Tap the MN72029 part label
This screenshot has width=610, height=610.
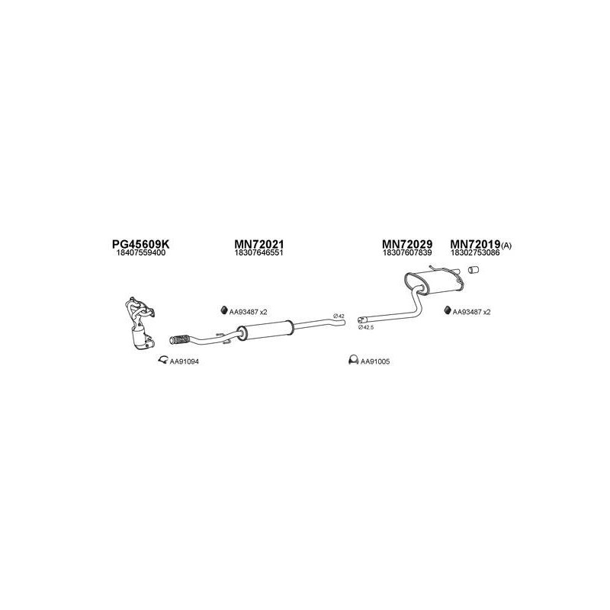407,244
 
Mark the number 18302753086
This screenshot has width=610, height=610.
475,253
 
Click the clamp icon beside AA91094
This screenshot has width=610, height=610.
162,360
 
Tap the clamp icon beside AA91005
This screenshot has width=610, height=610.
352,360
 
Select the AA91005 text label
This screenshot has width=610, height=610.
375,361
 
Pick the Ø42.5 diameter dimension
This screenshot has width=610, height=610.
366,326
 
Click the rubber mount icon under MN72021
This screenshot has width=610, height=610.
224,310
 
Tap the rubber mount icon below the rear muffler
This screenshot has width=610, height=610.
447,310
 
